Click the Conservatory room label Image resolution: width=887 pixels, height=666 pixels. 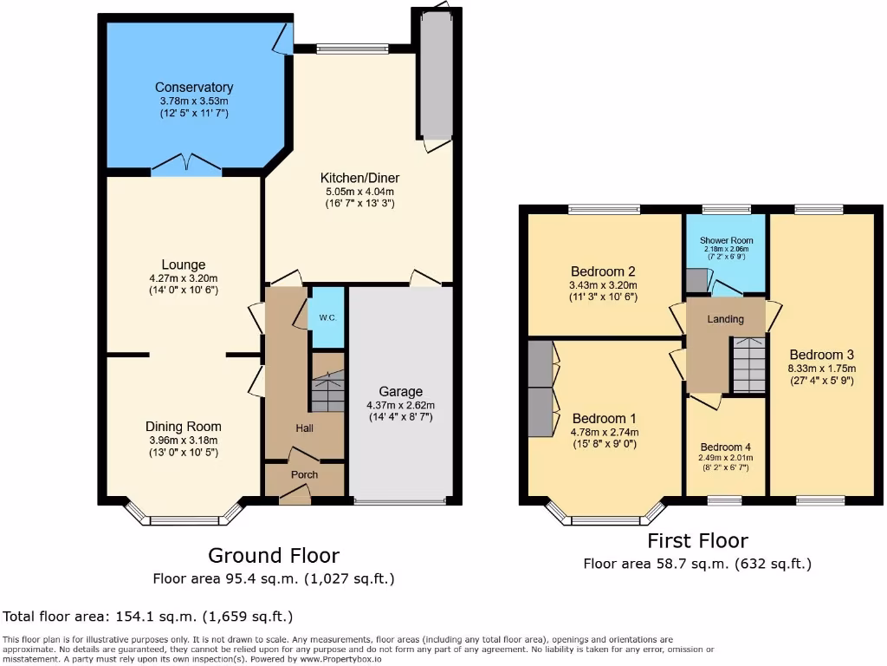(194, 88)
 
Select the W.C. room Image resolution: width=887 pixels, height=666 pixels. (327, 317)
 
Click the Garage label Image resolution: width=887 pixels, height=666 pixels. (400, 392)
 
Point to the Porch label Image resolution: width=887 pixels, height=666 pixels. (304, 474)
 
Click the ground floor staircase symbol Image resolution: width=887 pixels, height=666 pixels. (327, 391)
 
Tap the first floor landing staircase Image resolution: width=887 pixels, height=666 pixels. (748, 365)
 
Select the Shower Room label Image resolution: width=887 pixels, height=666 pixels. (726, 240)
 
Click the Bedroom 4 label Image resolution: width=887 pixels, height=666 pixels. (726, 447)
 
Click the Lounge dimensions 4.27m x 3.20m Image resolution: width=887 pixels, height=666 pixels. (183, 278)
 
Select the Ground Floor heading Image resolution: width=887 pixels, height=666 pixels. (274, 555)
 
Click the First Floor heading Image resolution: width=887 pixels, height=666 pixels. (697, 541)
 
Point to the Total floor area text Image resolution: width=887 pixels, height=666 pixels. (148, 617)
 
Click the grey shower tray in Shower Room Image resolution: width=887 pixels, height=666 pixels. (696, 280)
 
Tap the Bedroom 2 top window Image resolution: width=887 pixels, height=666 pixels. (605, 209)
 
